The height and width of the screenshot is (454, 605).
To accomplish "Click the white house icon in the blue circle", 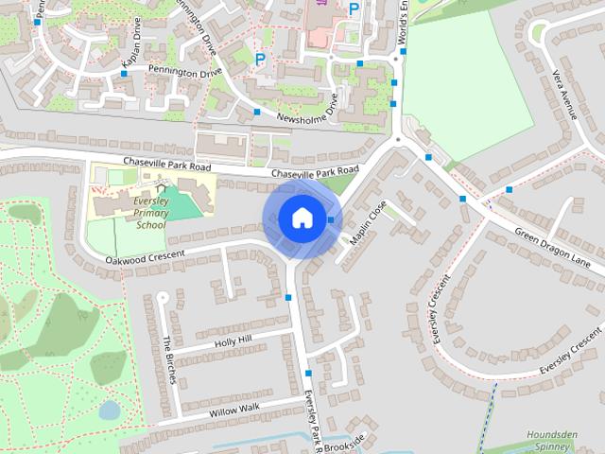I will coord(301,218).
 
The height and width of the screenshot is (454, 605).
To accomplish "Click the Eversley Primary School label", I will coord(149,215).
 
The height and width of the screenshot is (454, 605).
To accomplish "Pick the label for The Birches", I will coord(169,359).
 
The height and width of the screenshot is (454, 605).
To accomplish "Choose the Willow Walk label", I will coord(235,409).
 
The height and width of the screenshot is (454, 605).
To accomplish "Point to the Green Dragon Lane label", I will coord(553,248).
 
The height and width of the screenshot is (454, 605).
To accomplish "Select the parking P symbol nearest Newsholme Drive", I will coord(261,59).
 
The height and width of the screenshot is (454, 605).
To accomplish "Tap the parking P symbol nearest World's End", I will coord(354,9).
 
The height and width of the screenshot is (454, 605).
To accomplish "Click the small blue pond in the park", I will coord(109,410).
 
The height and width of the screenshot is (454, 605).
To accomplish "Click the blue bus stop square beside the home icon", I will coord(330,219).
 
